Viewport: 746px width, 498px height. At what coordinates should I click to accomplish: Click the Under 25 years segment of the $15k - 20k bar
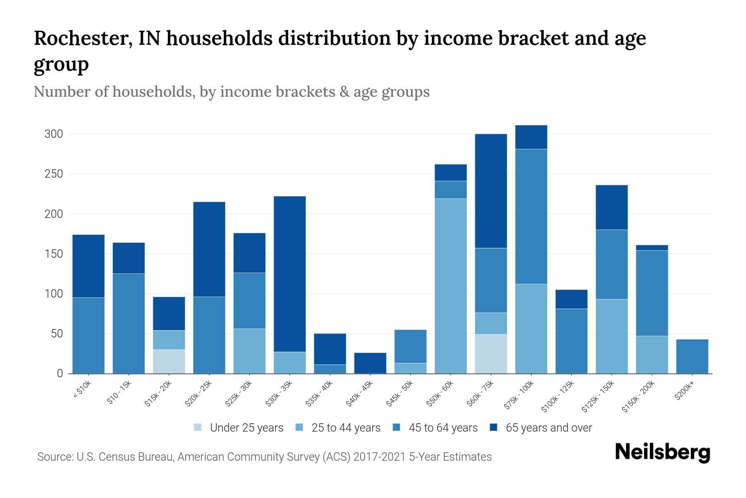(x=169, y=361)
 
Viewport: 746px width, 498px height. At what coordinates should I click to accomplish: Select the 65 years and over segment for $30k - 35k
(x=290, y=274)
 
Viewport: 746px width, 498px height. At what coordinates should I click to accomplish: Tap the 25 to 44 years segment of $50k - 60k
(x=451, y=286)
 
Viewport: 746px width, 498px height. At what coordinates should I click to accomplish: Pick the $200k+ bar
(x=692, y=356)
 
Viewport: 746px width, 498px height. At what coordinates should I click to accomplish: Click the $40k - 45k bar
(x=370, y=363)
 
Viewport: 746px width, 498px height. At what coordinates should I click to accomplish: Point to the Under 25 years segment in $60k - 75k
(x=491, y=354)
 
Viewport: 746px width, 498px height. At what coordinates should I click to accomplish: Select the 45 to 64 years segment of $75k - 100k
(x=531, y=216)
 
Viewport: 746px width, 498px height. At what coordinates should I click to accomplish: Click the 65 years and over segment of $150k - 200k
(x=652, y=248)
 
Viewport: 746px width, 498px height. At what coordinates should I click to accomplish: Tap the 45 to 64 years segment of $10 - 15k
(x=128, y=323)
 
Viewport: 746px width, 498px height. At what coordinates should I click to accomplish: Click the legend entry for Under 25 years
(x=239, y=428)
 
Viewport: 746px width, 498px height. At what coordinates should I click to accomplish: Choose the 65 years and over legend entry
(x=541, y=428)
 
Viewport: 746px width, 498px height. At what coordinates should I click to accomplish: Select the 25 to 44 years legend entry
(x=338, y=428)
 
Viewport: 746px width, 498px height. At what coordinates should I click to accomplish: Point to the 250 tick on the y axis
(x=53, y=174)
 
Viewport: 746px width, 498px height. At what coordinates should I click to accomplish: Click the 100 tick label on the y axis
(x=53, y=294)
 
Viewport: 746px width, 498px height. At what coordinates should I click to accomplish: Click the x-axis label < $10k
(x=82, y=390)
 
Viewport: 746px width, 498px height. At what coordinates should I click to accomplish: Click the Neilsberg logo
(x=662, y=452)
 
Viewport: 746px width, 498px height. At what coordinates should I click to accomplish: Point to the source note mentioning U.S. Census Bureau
(x=264, y=457)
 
